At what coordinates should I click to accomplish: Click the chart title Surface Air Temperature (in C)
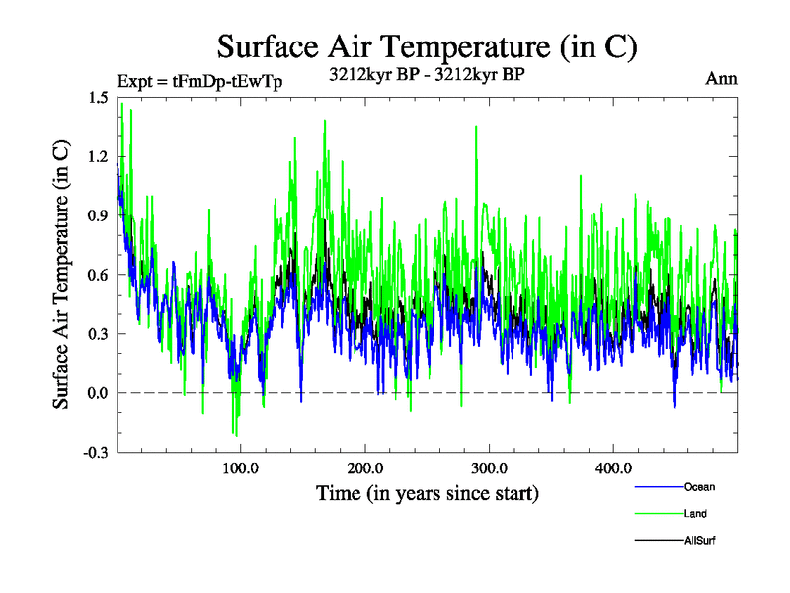(427, 45)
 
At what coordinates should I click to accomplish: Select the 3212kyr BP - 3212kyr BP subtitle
(427, 73)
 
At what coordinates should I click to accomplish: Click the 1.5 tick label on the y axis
(99, 97)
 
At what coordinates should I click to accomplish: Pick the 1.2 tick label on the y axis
(99, 156)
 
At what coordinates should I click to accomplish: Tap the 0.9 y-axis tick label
(99, 215)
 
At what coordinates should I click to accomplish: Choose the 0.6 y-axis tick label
(99, 275)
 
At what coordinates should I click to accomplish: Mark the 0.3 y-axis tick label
(99, 334)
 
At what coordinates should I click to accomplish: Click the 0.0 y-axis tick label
(99, 393)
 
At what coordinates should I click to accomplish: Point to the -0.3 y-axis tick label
(97, 453)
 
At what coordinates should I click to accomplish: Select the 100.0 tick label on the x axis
(241, 468)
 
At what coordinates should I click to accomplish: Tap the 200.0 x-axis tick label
(365, 468)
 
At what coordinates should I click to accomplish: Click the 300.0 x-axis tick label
(490, 468)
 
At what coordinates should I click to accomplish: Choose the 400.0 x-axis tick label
(614, 468)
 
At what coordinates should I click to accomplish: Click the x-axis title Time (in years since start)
(427, 492)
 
